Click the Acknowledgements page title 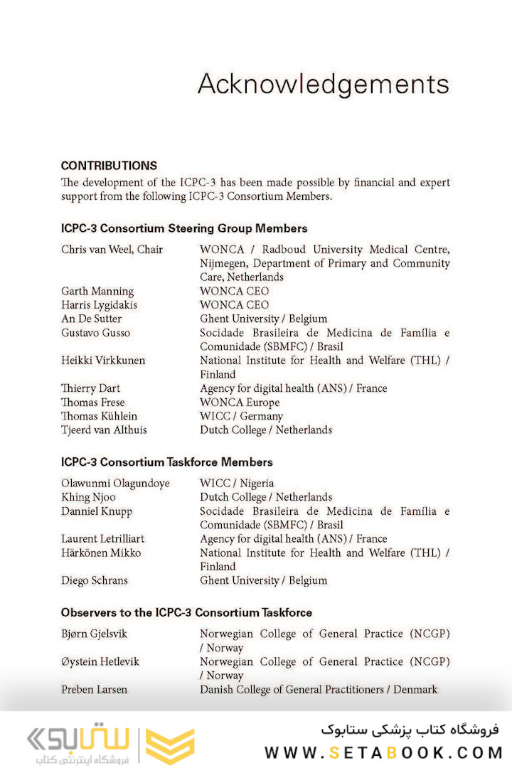coord(323,85)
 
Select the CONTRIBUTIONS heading coord(109,166)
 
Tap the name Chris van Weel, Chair coord(112,250)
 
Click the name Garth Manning coord(97,291)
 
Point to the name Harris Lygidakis coord(100,305)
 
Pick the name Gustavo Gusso coord(96,333)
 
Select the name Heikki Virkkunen coord(103,361)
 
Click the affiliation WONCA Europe coord(240,402)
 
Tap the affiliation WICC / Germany coord(241,416)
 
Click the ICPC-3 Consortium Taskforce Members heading coord(166,462)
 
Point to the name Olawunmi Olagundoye coord(115,484)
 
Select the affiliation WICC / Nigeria coord(237,484)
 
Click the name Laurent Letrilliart coord(102,539)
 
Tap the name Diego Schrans coord(95,580)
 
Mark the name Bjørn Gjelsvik coord(95,634)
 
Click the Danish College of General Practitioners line coord(319,689)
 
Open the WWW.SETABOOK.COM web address coord(384,752)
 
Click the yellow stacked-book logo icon coord(170,746)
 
